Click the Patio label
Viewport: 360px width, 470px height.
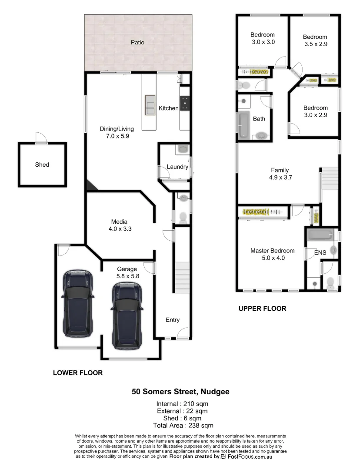point(138,43)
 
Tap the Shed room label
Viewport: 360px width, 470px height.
point(42,164)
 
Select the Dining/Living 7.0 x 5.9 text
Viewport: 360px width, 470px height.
point(117,132)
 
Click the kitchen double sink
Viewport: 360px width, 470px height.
point(150,105)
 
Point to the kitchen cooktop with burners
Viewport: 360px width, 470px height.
point(185,103)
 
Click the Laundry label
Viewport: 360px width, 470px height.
point(177,167)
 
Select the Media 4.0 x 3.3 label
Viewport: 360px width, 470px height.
point(119,225)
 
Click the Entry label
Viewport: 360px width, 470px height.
point(173,320)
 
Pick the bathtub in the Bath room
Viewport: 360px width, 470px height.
point(243,126)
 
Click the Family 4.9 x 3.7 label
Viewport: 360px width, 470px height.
point(280,174)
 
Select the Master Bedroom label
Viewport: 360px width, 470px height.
point(272,254)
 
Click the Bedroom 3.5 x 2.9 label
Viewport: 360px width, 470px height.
point(315,40)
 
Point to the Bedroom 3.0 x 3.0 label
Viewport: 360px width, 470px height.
point(263,38)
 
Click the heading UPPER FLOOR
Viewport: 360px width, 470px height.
point(262,309)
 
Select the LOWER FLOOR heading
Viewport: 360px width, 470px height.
point(77,373)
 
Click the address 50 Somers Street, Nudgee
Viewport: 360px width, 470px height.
point(180,392)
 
